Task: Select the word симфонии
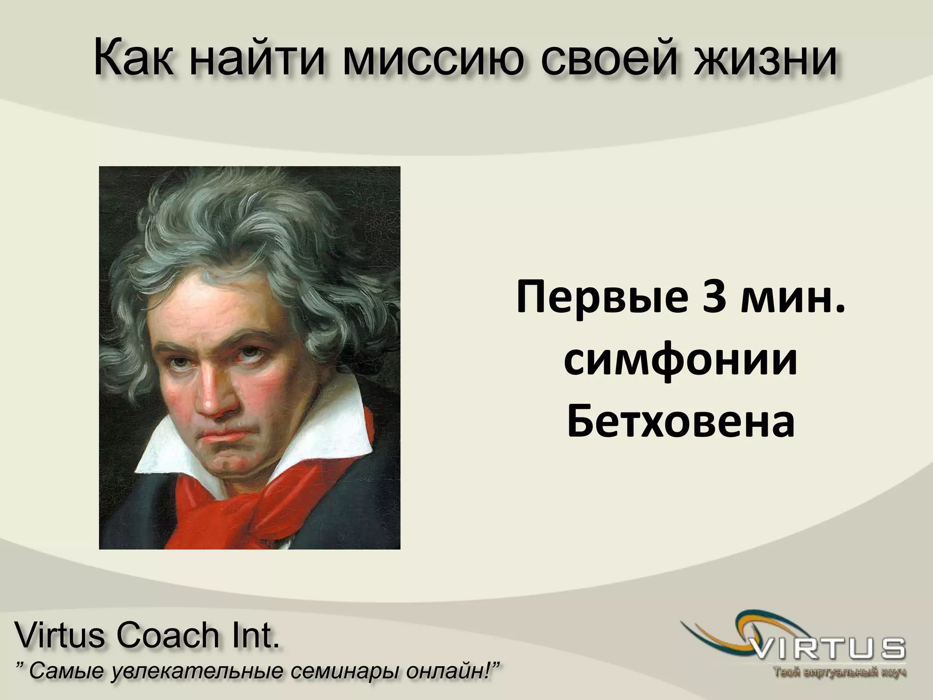(x=681, y=360)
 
